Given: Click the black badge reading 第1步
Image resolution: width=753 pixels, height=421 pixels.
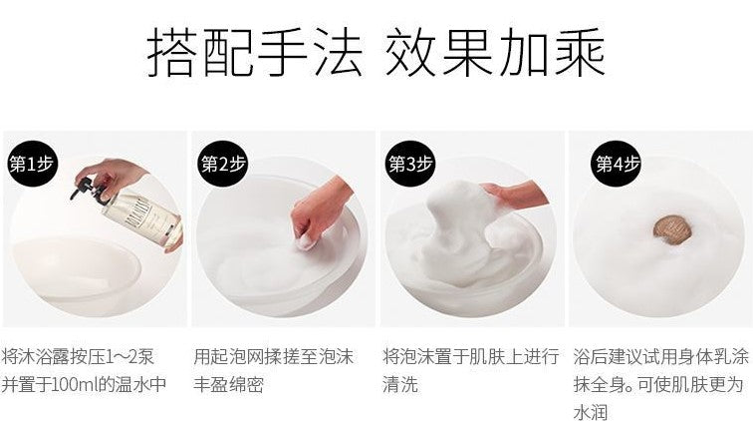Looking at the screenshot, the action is (31, 164).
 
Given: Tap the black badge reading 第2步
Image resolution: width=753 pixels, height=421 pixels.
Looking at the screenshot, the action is (222, 164).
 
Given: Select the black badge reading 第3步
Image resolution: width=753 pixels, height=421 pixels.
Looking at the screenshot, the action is (410, 164).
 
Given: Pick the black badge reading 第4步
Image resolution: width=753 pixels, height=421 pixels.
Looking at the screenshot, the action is (617, 164).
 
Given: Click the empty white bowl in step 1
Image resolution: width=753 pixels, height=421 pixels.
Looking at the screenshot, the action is (77, 266).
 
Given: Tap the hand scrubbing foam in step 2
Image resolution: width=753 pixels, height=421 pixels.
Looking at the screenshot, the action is (320, 211).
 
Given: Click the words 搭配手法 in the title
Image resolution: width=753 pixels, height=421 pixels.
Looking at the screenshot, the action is (255, 52).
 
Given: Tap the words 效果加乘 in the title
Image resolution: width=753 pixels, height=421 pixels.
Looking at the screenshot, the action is (495, 52).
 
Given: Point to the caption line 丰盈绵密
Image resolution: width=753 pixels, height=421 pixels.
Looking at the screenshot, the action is (229, 384).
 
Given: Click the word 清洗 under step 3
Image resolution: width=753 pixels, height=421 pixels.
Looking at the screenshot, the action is (400, 384).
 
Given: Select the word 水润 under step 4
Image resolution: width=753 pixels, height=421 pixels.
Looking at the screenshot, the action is (592, 412).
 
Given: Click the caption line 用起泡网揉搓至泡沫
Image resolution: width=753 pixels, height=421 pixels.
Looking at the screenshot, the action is (273, 357).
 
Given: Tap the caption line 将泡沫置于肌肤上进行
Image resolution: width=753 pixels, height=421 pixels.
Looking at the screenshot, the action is (470, 357).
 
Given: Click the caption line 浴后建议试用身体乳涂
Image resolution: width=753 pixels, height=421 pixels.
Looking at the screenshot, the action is (660, 357).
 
